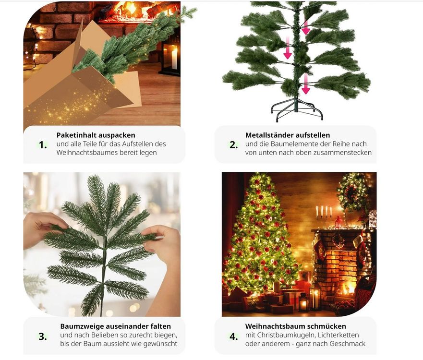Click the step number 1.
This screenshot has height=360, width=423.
point(43,145)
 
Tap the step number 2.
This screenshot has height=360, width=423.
point(234,145)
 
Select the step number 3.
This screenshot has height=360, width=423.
point(43,336)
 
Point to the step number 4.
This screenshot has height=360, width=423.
point(234,336)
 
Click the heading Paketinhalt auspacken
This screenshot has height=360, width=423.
point(96,135)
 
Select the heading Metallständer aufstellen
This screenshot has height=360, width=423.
point(288,135)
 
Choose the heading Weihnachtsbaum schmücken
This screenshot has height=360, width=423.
point(295,326)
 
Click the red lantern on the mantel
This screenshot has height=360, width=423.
point(338,222)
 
